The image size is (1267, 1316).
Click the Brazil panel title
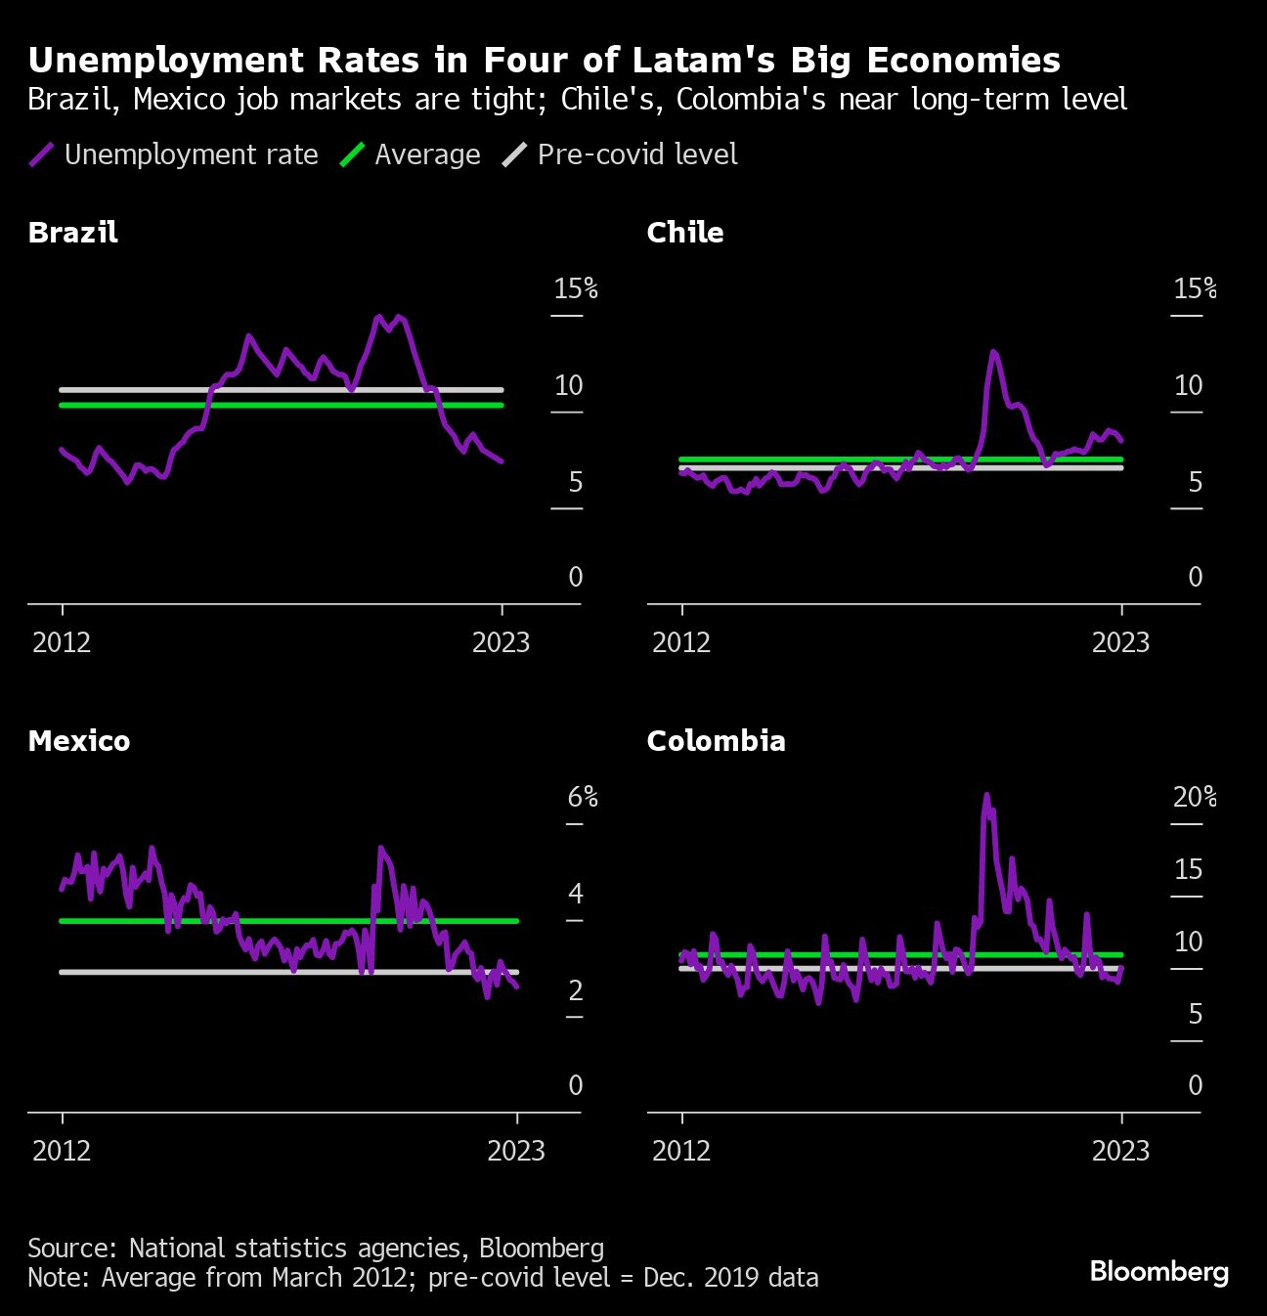point(73,233)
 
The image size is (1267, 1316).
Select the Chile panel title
point(685,233)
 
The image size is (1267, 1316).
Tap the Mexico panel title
point(79,741)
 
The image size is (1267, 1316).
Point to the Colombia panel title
point(717,741)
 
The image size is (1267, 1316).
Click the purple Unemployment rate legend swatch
point(41,154)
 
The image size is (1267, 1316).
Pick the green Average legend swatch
point(352,154)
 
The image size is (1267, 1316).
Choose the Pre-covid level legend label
point(637,154)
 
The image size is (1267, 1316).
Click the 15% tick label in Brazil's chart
point(575,288)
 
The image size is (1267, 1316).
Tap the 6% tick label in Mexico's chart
point(583,798)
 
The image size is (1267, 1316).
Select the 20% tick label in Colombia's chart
point(1195,798)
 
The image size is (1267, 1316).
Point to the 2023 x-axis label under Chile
point(1120,642)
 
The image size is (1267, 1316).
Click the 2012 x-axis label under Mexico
point(62,1151)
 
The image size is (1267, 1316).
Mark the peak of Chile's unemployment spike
point(993,351)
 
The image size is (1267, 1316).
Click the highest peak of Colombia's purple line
point(986,795)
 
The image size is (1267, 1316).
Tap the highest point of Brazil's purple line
point(380,317)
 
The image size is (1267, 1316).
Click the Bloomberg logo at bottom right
point(1158,1271)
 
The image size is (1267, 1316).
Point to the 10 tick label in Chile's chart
point(1188,386)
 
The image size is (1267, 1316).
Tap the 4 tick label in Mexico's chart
point(575,894)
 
